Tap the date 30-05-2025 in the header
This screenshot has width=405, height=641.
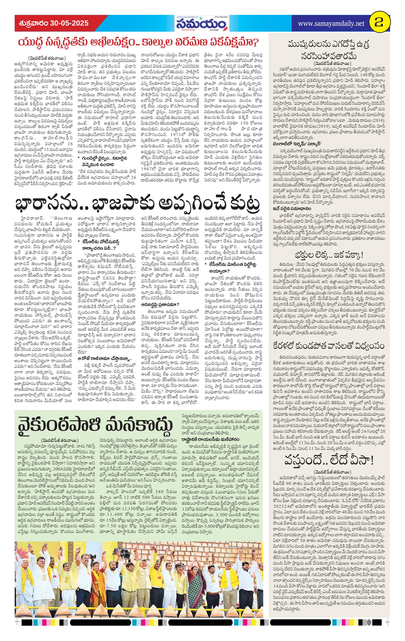tap(69, 23)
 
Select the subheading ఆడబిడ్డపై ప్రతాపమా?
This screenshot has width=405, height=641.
tap(160, 304)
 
